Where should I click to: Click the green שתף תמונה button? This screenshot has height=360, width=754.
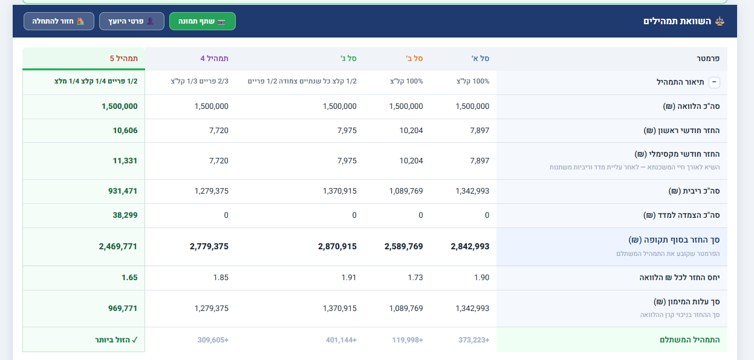point(203,21)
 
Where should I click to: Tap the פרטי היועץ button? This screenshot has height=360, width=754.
point(132,21)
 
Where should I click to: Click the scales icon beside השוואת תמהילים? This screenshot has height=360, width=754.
point(720,21)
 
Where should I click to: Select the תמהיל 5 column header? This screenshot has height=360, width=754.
point(123,58)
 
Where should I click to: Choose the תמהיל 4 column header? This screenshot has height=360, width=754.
point(214,58)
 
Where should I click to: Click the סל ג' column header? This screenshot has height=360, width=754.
point(348,58)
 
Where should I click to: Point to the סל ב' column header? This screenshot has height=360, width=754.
point(414,58)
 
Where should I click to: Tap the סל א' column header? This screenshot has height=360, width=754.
point(480,58)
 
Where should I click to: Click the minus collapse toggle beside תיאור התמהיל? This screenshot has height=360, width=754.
point(714,82)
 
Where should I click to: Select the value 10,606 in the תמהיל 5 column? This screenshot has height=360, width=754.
point(125,130)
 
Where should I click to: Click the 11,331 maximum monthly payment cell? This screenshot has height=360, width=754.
point(125,160)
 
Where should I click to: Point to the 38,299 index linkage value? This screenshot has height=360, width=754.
point(125,215)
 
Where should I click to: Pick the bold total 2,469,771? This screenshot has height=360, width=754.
point(118,246)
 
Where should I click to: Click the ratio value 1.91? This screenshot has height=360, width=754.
point(349,278)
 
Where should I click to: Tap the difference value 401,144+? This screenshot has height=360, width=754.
point(341,340)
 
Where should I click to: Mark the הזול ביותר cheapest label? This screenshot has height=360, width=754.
point(116,340)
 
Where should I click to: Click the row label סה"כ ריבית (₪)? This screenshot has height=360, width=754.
point(694,191)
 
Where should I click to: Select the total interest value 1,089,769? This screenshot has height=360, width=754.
point(406,191)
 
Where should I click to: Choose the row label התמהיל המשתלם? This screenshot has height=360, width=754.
point(690,340)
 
